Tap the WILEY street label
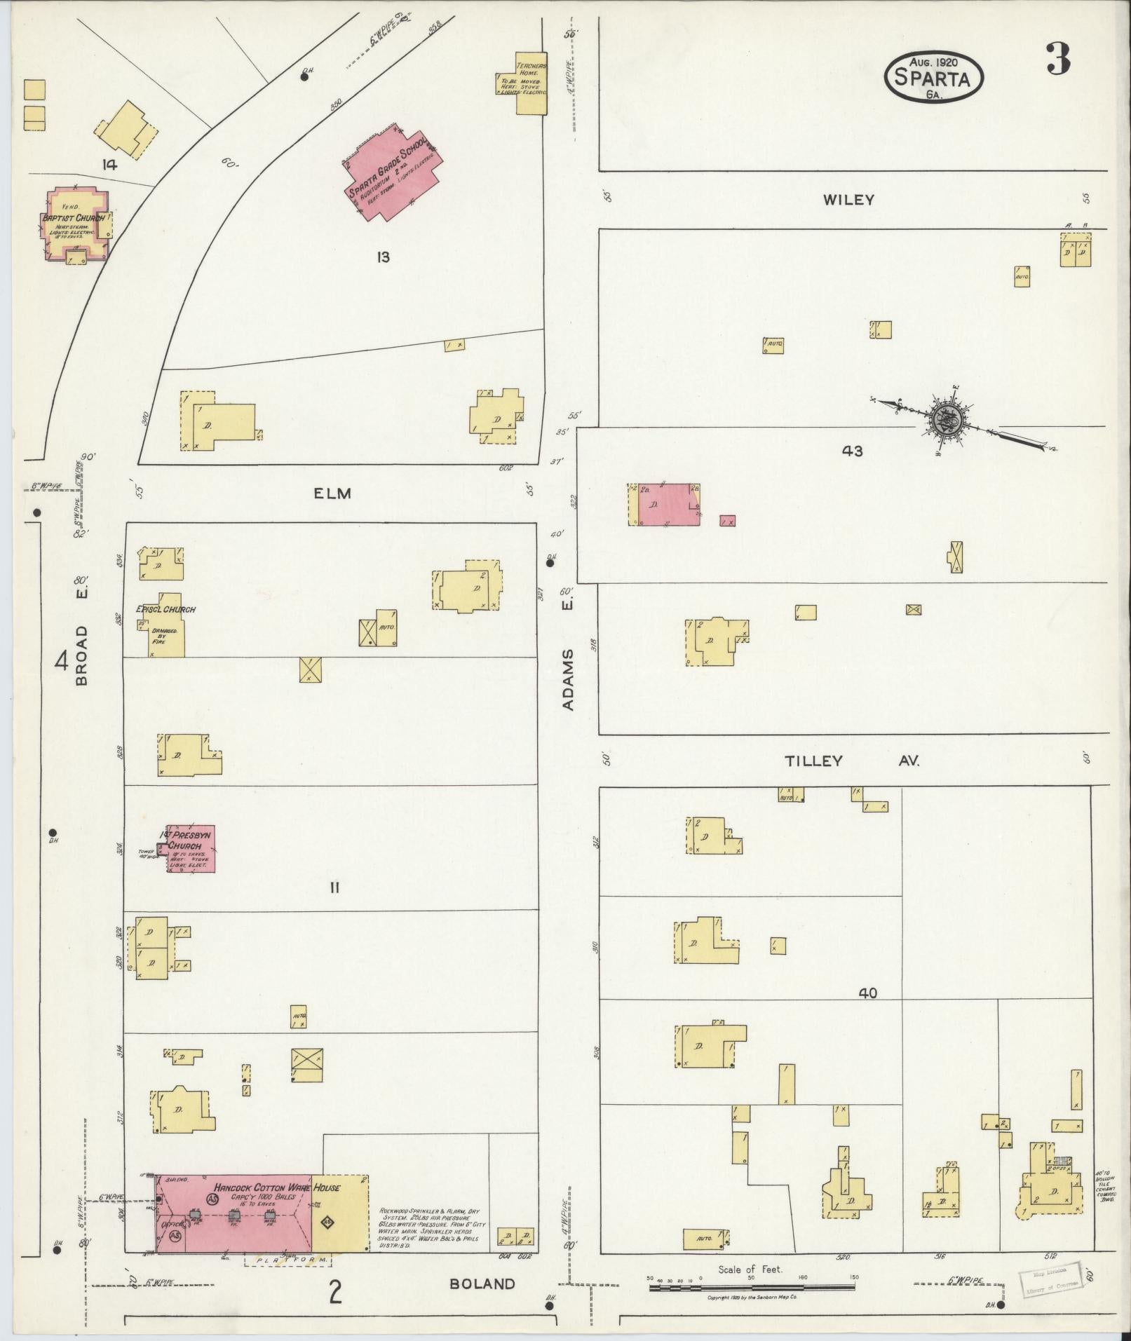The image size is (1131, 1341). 848,200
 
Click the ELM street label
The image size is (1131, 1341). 332,493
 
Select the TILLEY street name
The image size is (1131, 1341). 813,761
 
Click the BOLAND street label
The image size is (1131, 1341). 482,1284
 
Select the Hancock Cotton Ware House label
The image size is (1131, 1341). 277,1187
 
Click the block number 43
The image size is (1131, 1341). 852,451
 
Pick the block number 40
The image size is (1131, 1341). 867,993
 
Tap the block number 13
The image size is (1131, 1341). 382,257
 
